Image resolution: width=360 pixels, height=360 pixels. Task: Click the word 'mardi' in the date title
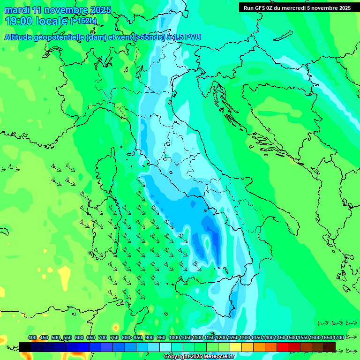pyautogui.click(x=16, y=10)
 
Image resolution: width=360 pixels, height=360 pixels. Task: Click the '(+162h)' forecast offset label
pyautogui.click(x=83, y=21)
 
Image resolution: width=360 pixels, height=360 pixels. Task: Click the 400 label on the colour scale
pyautogui.click(x=32, y=338)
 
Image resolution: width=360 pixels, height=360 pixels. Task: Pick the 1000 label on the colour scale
pyautogui.click(x=174, y=338)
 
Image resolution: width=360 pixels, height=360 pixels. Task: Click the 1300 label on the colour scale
pyautogui.click(x=245, y=338)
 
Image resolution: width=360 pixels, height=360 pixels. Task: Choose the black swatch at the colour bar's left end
pyautogui.click(x=25, y=347)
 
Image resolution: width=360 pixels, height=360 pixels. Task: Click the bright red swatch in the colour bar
pyautogui.click(x=283, y=347)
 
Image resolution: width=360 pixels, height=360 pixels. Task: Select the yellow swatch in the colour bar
pyautogui.click(x=236, y=347)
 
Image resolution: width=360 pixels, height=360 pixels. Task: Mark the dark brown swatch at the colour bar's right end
pyautogui.click(x=330, y=347)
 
